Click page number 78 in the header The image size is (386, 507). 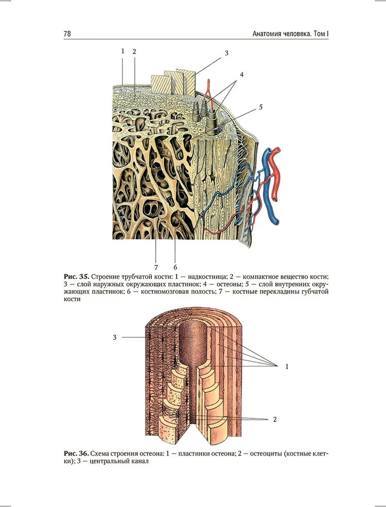[x=67, y=33]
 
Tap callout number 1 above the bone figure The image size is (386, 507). [x=122, y=51]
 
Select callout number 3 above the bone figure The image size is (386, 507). [x=226, y=53]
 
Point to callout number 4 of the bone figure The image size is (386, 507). [x=241, y=75]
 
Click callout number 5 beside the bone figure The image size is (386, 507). [x=261, y=107]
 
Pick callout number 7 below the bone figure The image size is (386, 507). [x=156, y=267]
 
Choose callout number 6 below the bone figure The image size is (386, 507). [x=176, y=267]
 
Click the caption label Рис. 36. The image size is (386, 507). [x=76, y=453]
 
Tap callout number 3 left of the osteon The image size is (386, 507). [x=114, y=337]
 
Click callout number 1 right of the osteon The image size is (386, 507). [x=287, y=367]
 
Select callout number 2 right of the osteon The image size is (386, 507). [x=275, y=419]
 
